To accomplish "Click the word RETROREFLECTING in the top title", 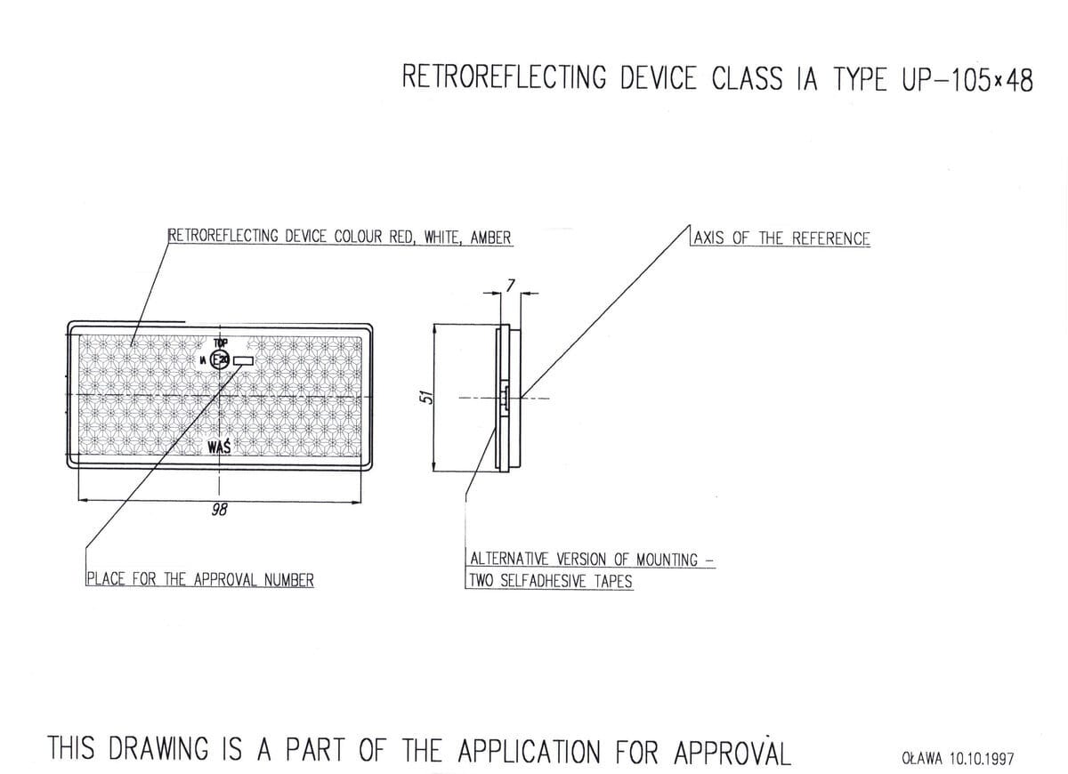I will [x=504, y=77].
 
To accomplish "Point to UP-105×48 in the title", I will [x=967, y=79].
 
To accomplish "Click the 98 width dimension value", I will [x=219, y=510].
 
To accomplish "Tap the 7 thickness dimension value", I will [x=509, y=285].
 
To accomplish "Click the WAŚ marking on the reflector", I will [x=219, y=446].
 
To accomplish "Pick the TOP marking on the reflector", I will [x=221, y=343].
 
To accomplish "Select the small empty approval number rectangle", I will [x=244, y=360].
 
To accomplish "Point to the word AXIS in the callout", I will [x=709, y=238].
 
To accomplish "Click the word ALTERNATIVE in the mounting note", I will [x=511, y=560].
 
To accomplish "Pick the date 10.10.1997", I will [x=982, y=759].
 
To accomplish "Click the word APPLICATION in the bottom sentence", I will [x=531, y=751].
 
